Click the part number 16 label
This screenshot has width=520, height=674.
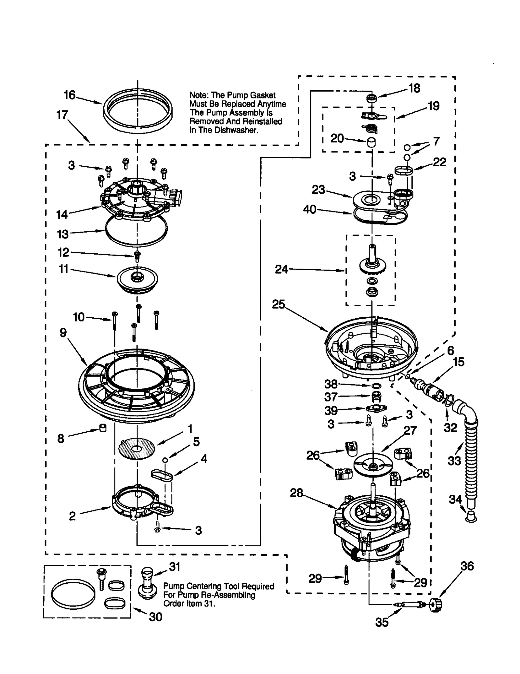tap(69, 95)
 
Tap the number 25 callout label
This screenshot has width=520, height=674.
tap(278, 304)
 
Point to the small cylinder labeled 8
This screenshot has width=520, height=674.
tap(103, 428)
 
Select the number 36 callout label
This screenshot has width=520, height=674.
tap(467, 566)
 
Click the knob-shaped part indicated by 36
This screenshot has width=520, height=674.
tap(435, 605)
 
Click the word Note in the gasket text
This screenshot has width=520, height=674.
tap(199, 95)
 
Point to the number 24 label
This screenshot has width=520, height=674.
tap(281, 269)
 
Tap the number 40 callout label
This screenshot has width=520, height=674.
tap(309, 209)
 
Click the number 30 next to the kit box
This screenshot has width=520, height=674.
tap(155, 617)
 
